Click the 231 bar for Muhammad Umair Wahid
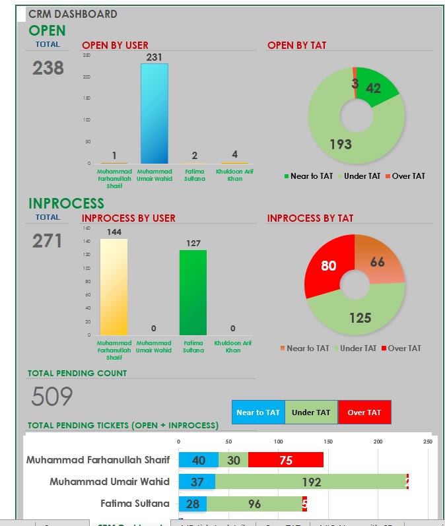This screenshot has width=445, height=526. (154, 113)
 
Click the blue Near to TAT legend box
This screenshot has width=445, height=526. (258, 412)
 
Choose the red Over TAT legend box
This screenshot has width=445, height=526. (364, 412)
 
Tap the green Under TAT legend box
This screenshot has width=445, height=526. (311, 412)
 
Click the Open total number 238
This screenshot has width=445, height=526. (48, 68)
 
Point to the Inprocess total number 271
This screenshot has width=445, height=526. (48, 241)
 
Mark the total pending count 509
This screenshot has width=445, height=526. (52, 397)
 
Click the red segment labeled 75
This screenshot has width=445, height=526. (286, 461)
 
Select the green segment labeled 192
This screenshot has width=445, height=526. (311, 482)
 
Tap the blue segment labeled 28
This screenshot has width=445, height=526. (193, 504)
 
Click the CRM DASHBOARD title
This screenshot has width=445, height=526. (73, 14)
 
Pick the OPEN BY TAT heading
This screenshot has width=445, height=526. (296, 46)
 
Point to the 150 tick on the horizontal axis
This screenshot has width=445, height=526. (328, 441)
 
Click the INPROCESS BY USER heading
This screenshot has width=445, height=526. (128, 218)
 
